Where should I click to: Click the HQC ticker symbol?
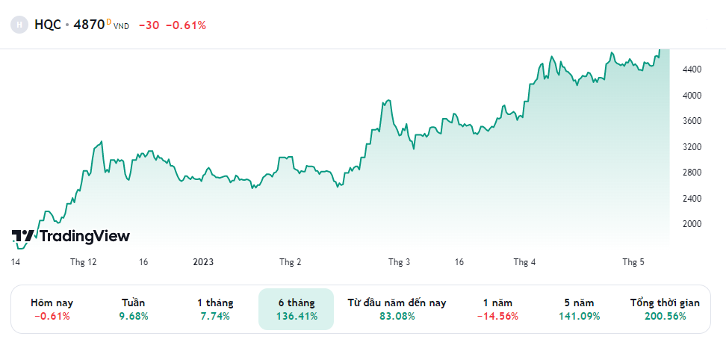[x=48, y=25]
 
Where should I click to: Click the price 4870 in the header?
[x=90, y=25]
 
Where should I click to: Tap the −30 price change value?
[x=149, y=25]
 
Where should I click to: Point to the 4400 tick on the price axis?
[x=692, y=69]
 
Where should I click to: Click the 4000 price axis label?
[x=692, y=96]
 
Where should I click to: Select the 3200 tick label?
[x=692, y=147]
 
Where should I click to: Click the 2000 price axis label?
[x=692, y=224]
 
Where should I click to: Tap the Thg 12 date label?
[x=84, y=262]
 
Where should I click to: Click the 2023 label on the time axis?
[x=203, y=262]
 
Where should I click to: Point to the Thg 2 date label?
[x=291, y=262]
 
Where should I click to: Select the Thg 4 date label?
[x=524, y=262]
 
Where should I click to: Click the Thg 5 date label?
[x=633, y=262]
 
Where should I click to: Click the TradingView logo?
[x=71, y=236]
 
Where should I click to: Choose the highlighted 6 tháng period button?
[x=297, y=309]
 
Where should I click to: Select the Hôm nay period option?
[x=52, y=309]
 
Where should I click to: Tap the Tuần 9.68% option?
[x=134, y=309]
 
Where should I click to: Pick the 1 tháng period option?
[x=215, y=309]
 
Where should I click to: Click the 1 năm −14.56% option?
[x=497, y=309]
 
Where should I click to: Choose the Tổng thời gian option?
[x=665, y=309]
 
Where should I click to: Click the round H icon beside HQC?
[x=19, y=25]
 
